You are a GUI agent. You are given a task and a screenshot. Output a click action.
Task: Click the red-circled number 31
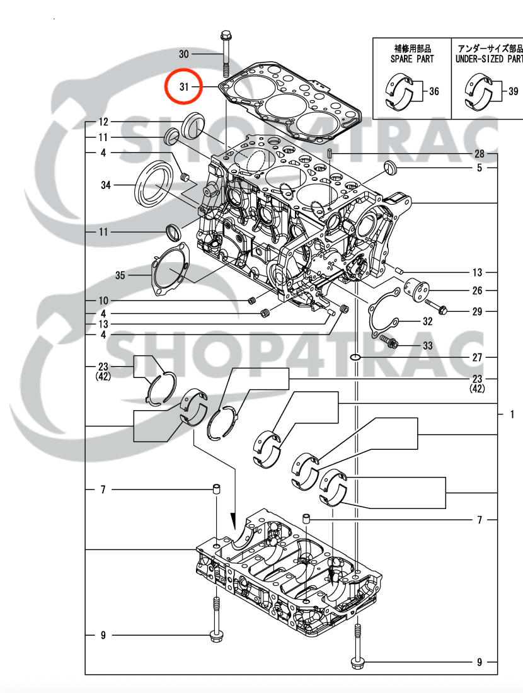(x=184, y=86)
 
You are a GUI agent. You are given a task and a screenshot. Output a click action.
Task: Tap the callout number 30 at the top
(x=184, y=54)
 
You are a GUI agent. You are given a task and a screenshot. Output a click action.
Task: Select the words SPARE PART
(x=412, y=59)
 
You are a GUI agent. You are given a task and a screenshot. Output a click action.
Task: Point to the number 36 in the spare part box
(x=434, y=92)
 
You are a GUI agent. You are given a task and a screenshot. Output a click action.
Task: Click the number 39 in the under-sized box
(x=514, y=92)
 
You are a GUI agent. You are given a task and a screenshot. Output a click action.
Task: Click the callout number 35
(x=120, y=275)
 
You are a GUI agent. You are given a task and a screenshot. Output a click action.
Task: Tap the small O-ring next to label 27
(x=355, y=357)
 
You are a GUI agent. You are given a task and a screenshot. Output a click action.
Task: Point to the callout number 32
(x=428, y=321)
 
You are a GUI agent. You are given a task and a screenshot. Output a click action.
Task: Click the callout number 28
(x=480, y=154)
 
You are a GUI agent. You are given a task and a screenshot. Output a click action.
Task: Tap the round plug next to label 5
(x=389, y=167)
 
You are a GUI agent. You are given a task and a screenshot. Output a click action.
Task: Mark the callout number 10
(x=103, y=300)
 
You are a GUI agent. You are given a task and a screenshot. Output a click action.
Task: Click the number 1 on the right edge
(x=512, y=415)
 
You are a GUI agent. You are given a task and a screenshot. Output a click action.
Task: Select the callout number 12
(x=103, y=122)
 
